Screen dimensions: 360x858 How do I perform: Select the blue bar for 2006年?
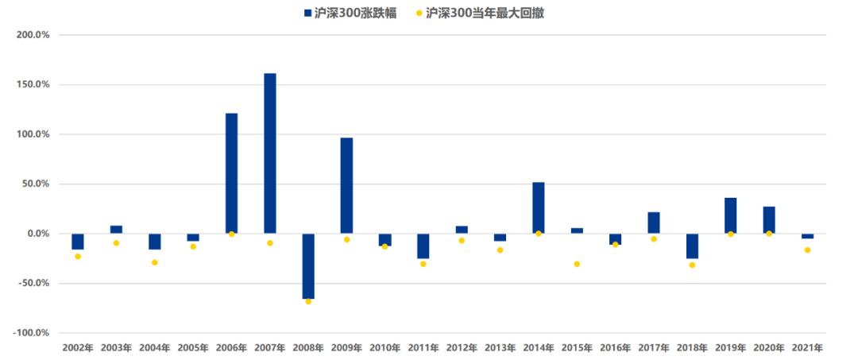pyautogui.click(x=231, y=173)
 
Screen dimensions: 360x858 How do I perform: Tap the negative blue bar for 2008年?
pyautogui.click(x=308, y=265)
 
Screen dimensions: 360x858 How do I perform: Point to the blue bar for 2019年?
pyautogui.click(x=730, y=215)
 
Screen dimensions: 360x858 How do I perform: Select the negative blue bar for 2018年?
pyautogui.click(x=692, y=246)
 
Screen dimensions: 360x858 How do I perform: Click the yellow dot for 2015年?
pyautogui.click(x=577, y=264)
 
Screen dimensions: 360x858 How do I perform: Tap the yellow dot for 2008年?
pyautogui.click(x=308, y=301)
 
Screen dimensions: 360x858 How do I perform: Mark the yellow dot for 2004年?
pyautogui.click(x=155, y=262)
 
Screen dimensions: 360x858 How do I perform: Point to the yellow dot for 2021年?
pyautogui.click(x=807, y=250)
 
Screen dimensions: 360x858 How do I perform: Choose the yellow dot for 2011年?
pyautogui.click(x=423, y=264)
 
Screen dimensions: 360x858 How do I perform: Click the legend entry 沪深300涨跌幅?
pyautogui.click(x=358, y=13)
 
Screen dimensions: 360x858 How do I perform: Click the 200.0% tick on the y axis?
pyautogui.click(x=33, y=35)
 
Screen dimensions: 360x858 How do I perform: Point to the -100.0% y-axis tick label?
pyautogui.click(x=31, y=333)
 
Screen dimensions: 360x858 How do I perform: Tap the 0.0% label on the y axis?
pyautogui.click(x=37, y=234)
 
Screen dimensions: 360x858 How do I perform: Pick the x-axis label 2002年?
pyautogui.click(x=78, y=348)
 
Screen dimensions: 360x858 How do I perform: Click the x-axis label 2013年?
pyautogui.click(x=500, y=348)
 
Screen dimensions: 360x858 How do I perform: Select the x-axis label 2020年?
pyautogui.click(x=768, y=348)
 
